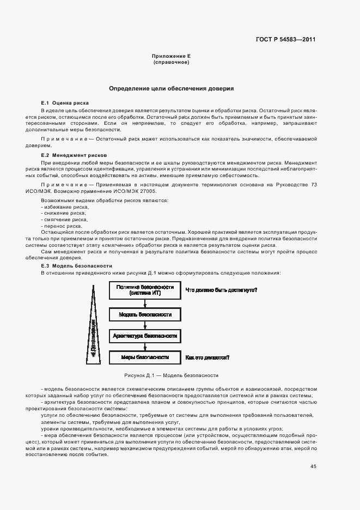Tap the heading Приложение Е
click(x=170, y=57)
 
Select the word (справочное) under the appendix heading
click(x=171, y=63)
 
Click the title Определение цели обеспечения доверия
click(x=172, y=88)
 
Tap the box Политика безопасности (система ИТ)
click(x=144, y=290)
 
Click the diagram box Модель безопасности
click(x=144, y=315)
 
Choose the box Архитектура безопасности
click(x=144, y=336)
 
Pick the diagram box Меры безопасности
click(x=144, y=357)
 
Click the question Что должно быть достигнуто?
click(x=221, y=290)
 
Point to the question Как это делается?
click(x=207, y=357)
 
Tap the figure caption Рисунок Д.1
click(x=171, y=375)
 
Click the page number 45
click(x=313, y=466)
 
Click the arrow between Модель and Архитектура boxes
click(x=144, y=326)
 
